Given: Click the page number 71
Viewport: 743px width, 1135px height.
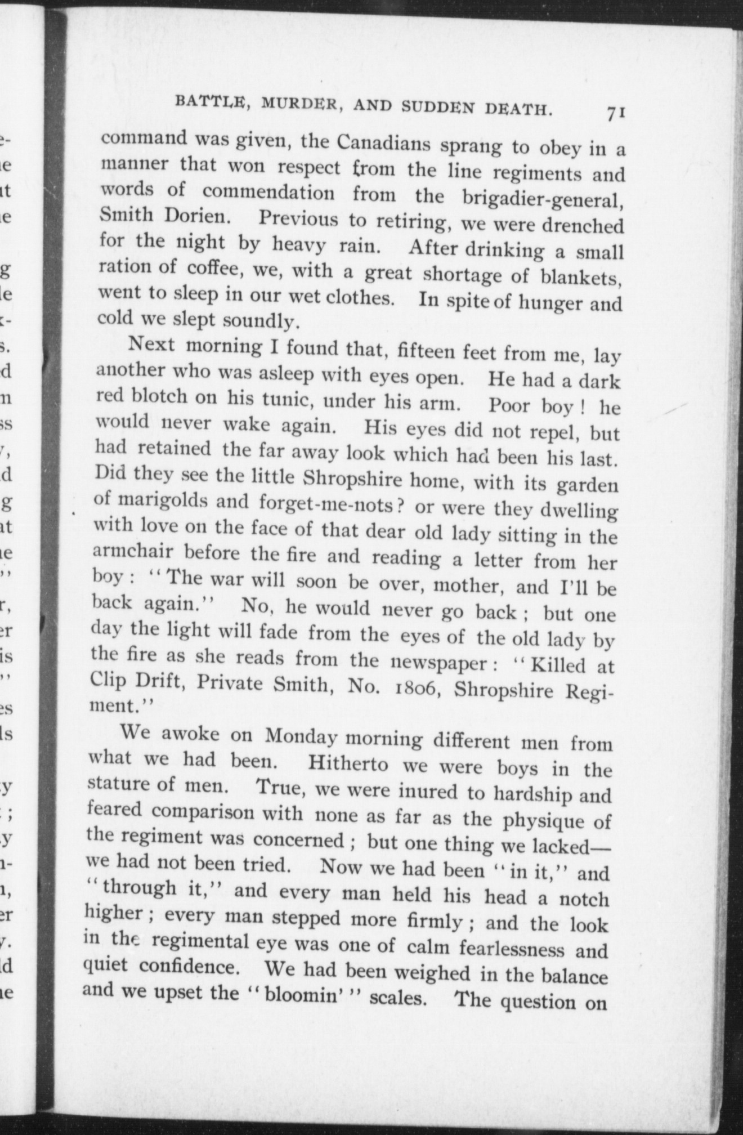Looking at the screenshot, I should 617,113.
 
